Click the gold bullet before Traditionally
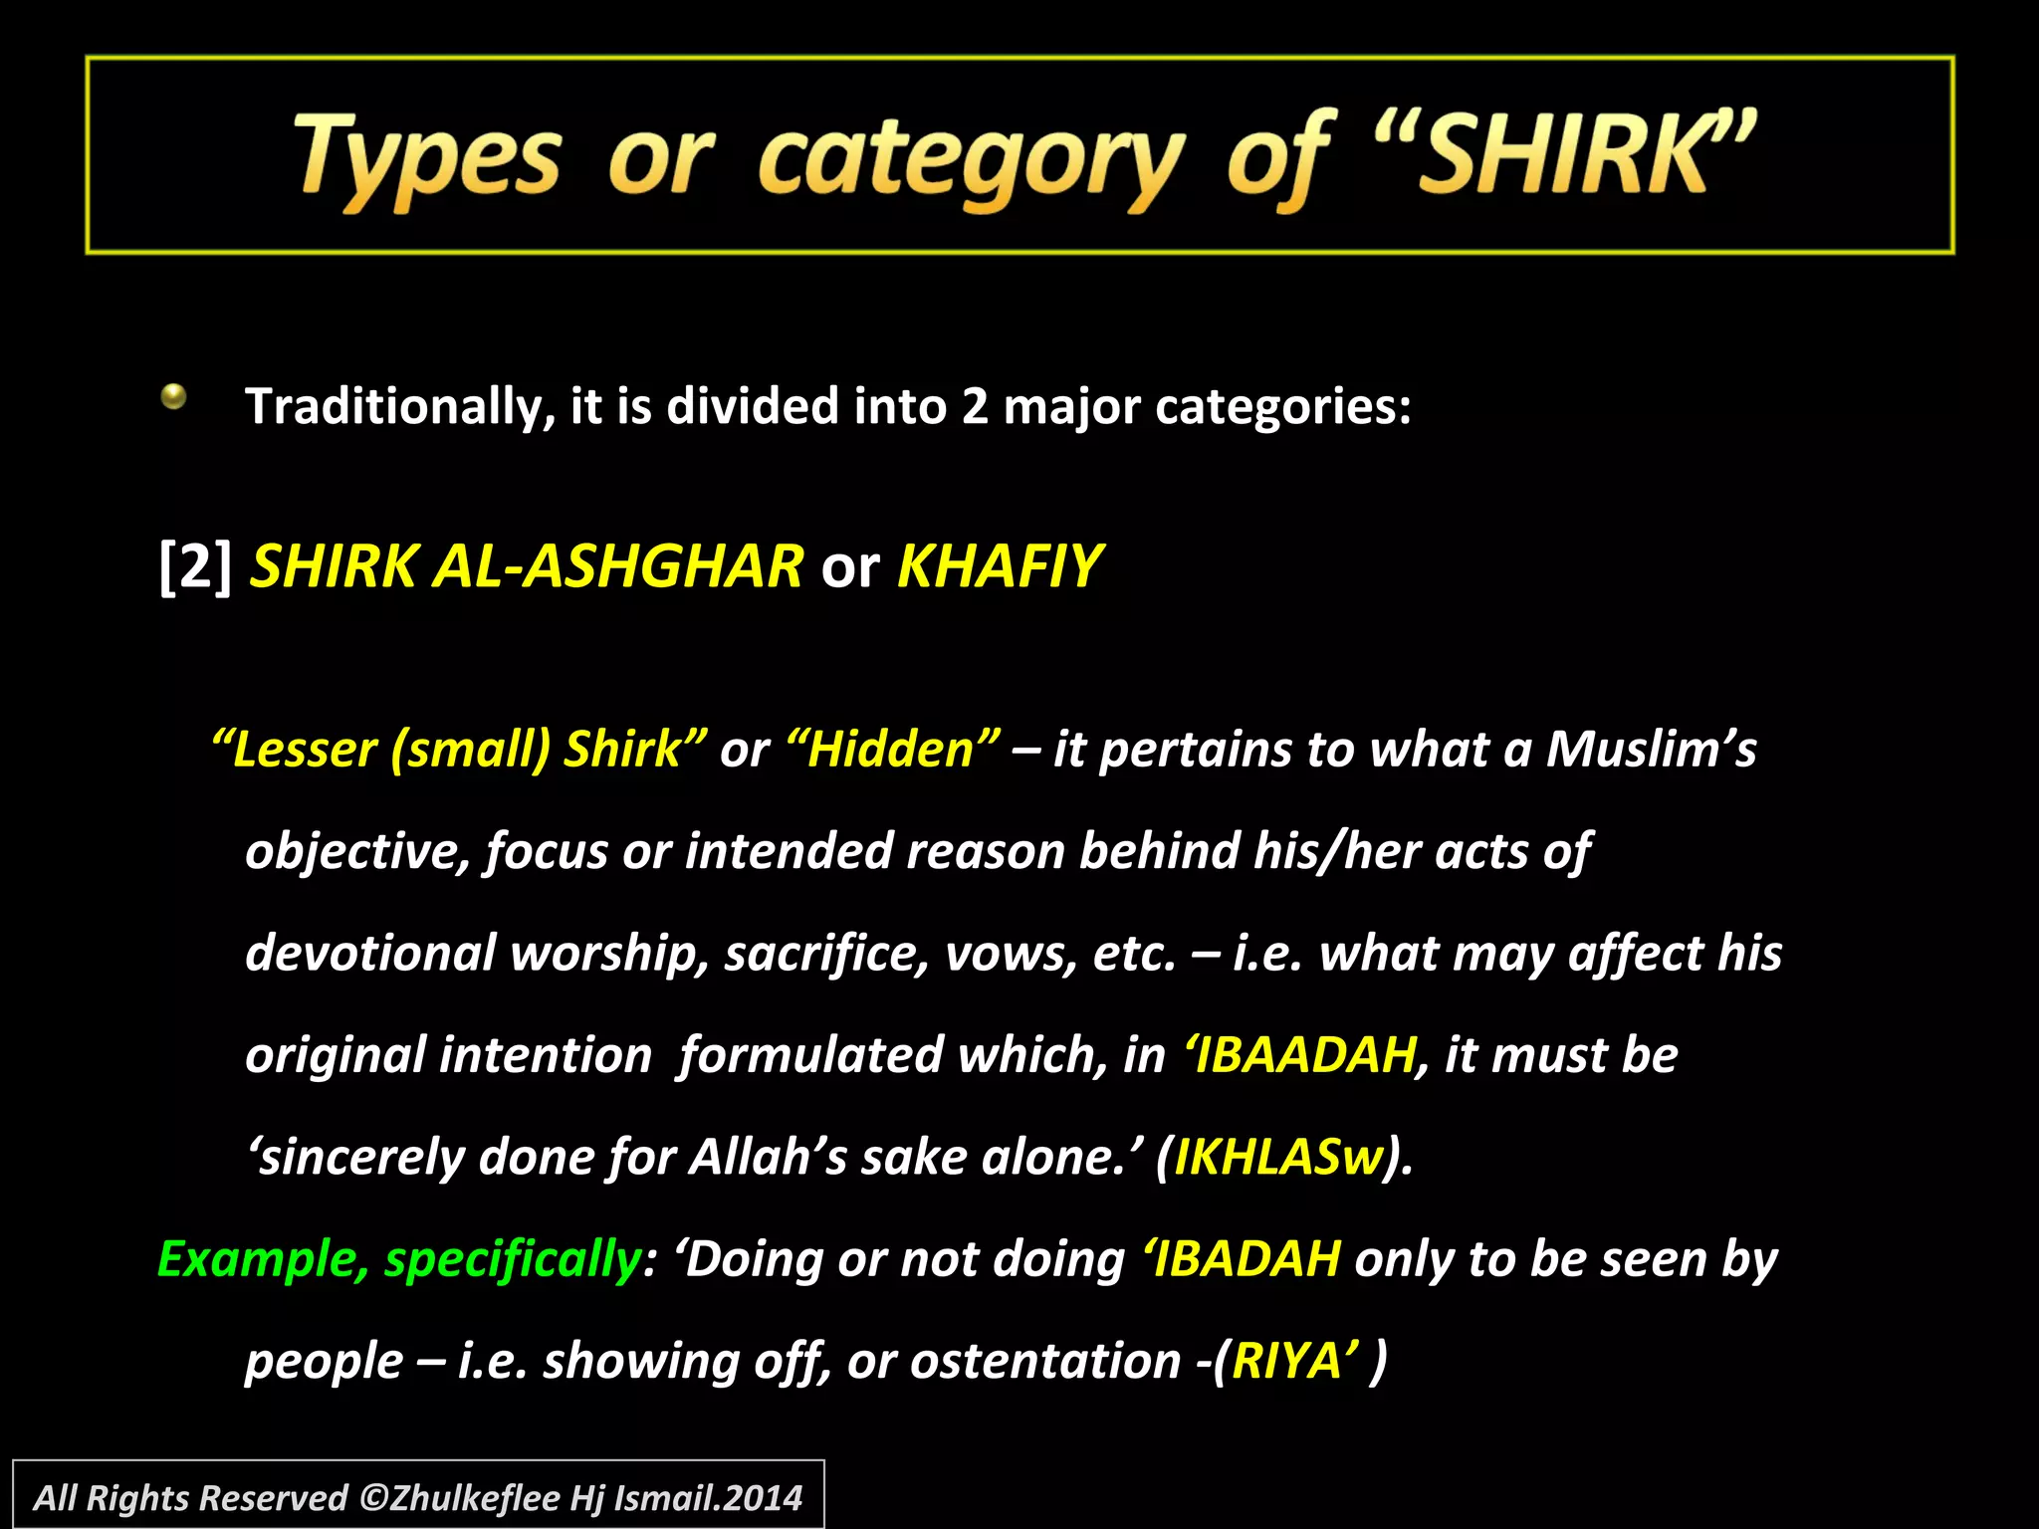tap(174, 397)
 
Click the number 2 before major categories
tap(975, 407)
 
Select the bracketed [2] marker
tap(195, 566)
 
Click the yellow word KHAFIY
tap(1000, 566)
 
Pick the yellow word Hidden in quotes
tap(892, 750)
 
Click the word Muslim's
tap(1651, 750)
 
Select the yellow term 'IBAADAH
tap(1300, 1055)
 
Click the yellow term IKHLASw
tap(1279, 1158)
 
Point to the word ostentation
tap(1045, 1361)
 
